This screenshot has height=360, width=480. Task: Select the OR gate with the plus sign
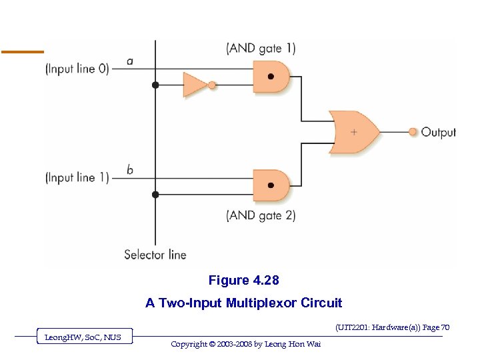[x=354, y=132]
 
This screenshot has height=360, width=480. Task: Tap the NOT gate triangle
[x=195, y=85]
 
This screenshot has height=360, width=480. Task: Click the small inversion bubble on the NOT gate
[x=212, y=85]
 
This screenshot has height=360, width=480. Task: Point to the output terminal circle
[x=413, y=132]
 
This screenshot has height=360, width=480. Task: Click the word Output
[x=439, y=132]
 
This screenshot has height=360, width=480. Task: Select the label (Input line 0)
[x=77, y=68]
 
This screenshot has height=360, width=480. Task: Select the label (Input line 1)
[x=77, y=177]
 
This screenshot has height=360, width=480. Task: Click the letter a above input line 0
[x=129, y=61]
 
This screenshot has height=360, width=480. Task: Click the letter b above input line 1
[x=129, y=169]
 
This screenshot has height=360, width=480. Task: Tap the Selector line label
[x=155, y=254]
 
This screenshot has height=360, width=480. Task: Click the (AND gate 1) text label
[x=261, y=48]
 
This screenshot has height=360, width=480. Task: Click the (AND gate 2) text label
[x=261, y=215]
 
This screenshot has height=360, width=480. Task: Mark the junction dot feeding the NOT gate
[x=156, y=85]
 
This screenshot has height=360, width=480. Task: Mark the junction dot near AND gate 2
[x=156, y=195]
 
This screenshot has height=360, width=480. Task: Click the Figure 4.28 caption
[x=243, y=280]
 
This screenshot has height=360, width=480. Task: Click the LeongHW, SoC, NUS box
[x=83, y=337]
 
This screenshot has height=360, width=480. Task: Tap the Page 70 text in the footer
[x=435, y=327]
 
